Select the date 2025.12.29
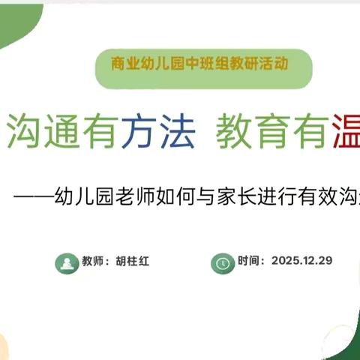301,261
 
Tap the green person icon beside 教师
66,262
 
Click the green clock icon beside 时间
222,262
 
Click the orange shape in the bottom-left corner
6,346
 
